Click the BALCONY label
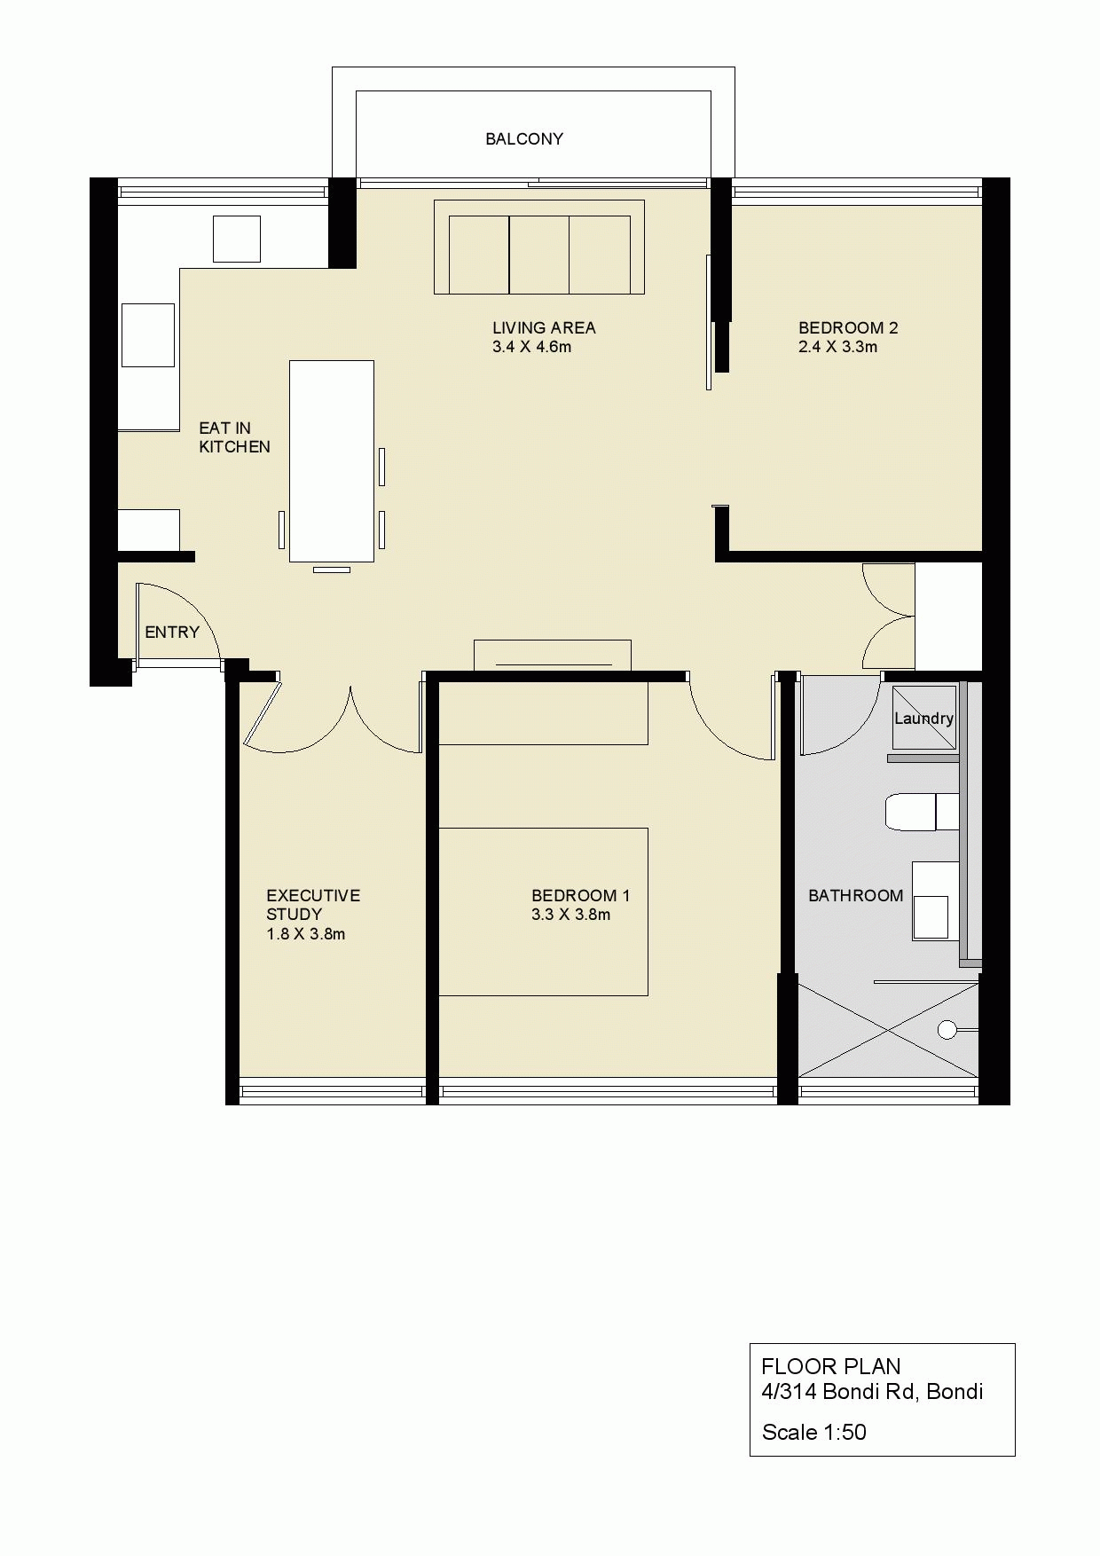coord(524,139)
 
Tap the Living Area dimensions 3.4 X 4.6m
coord(531,347)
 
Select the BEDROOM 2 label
coord(848,327)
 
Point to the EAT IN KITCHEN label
coord(234,437)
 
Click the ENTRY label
coord(172,633)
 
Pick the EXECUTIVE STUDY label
coord(313,905)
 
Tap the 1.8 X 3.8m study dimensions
coord(306,934)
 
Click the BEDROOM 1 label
coord(581,895)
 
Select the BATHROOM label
coord(856,896)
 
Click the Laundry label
coord(923,719)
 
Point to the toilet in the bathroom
coord(922,812)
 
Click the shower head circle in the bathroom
coord(947,1030)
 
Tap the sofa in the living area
coord(539,247)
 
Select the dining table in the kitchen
coord(331,461)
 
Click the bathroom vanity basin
coord(931,917)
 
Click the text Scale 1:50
coord(814,1432)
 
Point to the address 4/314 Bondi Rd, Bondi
coord(872,1391)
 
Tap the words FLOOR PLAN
coord(831,1366)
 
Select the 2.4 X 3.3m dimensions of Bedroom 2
coord(838,347)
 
